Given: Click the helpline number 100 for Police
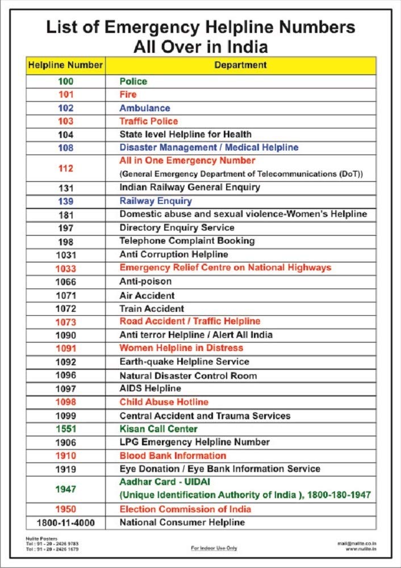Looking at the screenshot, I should (x=66, y=81).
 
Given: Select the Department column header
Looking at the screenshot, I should (x=240, y=65).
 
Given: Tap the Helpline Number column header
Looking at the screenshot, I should (x=65, y=65).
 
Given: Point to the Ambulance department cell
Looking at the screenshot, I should (x=144, y=108).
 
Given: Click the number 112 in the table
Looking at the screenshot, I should (x=66, y=168).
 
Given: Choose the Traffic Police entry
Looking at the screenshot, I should (x=148, y=121).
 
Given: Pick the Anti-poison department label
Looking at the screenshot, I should (x=145, y=282).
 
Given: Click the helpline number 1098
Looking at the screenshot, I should (x=66, y=402).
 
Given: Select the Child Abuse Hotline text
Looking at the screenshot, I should (x=164, y=402).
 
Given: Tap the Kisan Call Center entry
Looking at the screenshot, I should (x=158, y=429).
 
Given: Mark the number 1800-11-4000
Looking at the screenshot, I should (x=66, y=522).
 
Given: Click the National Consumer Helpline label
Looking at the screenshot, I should (x=182, y=522).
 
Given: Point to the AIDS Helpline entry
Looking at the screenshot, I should (x=150, y=389).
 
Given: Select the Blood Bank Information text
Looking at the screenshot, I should (x=173, y=456).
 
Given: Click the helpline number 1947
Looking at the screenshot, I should (x=66, y=488).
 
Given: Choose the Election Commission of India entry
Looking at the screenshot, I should (x=185, y=509).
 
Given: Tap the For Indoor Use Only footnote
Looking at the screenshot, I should (x=214, y=548).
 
